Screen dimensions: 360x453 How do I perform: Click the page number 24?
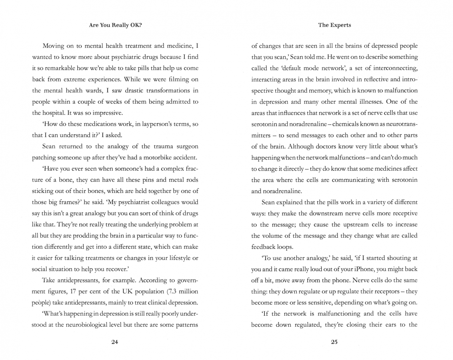[114, 342]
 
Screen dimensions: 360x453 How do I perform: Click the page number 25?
[334, 342]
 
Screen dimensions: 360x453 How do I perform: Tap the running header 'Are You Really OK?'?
[115, 25]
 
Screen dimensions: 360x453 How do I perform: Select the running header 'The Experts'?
[334, 25]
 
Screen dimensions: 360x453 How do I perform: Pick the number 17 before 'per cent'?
[73, 291]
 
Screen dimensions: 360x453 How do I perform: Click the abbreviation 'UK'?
[127, 291]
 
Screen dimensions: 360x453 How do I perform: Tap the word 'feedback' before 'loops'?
[263, 247]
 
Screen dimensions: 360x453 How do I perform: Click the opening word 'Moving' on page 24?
[53, 46]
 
